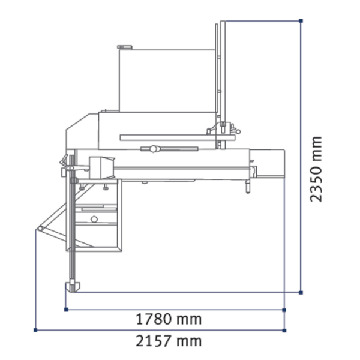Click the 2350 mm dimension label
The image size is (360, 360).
[x=316, y=169]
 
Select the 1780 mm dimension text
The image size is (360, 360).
[x=169, y=319]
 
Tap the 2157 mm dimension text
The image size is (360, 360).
[x=169, y=341]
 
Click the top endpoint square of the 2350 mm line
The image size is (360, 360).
[x=301, y=21]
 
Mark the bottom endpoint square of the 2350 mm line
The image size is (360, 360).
[x=301, y=293]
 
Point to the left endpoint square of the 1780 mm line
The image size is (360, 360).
[x=66, y=310]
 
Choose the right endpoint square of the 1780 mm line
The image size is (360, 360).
[x=284, y=310]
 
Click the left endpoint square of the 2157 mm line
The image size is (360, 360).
[x=35, y=330]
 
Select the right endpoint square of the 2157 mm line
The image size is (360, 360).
[x=284, y=331]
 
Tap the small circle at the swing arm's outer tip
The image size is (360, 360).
[x=40, y=229]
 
